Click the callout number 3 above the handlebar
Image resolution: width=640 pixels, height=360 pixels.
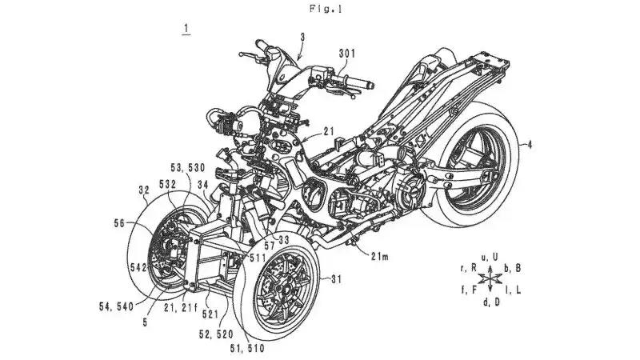pyautogui.click(x=302, y=36)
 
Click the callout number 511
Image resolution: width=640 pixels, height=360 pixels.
pyautogui.click(x=258, y=257)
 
